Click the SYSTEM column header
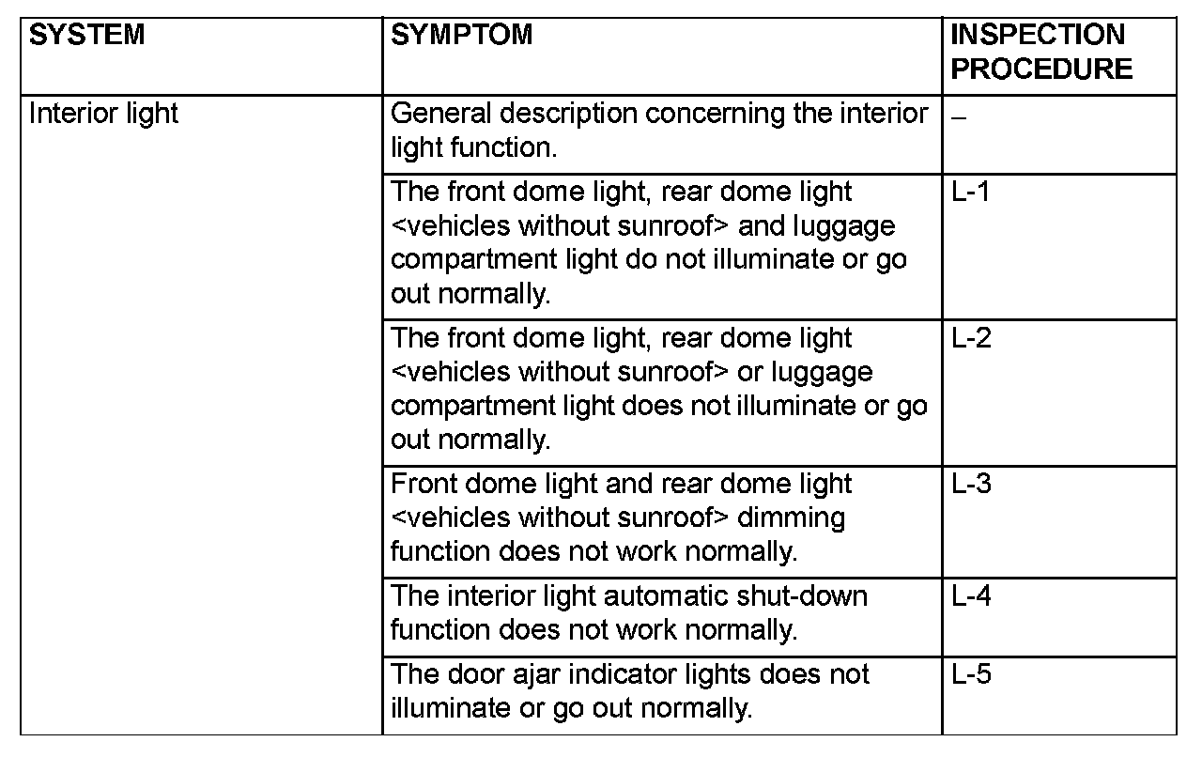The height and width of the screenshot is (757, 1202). [87, 36]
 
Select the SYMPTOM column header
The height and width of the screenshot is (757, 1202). [461, 36]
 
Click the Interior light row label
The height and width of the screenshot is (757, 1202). [103, 115]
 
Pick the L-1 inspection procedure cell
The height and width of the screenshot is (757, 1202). [971, 192]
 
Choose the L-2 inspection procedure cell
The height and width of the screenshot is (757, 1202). [971, 338]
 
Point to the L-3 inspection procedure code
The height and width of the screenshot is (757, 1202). [971, 484]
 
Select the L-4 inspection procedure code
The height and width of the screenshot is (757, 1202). [971, 596]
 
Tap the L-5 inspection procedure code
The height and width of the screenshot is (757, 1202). [971, 674]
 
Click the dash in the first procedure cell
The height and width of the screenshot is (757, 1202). [957, 116]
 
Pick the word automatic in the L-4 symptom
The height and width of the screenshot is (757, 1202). [630, 596]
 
